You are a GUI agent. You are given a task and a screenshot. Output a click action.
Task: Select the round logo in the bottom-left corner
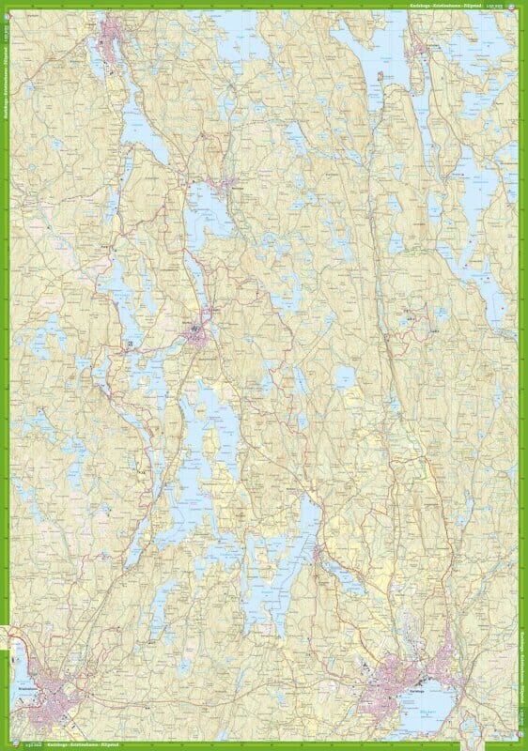pyautogui.click(x=5, y=746)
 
